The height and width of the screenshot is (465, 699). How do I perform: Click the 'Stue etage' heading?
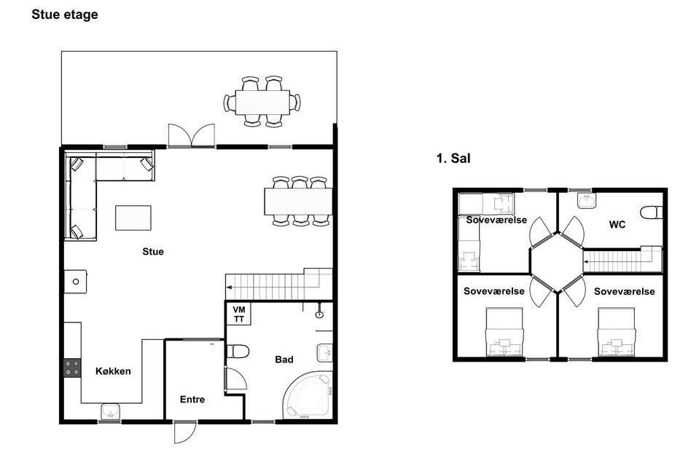click(65, 15)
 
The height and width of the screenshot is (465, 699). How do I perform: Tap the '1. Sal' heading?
click(453, 159)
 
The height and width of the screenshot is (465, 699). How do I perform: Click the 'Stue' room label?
click(153, 251)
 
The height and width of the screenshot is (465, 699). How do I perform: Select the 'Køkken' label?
click(113, 371)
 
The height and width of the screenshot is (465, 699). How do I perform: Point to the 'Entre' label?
click(192, 400)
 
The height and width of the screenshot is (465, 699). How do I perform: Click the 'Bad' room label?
click(284, 359)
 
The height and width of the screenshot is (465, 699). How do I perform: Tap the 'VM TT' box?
click(239, 314)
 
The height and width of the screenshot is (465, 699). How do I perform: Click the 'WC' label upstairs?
click(617, 225)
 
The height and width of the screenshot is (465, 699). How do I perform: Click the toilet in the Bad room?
click(238, 351)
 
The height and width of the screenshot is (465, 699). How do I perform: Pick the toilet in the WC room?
click(652, 212)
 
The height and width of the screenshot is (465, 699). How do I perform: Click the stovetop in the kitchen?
click(72, 368)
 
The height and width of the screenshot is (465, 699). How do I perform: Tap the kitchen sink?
click(110, 412)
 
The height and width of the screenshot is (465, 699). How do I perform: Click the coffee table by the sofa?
click(133, 218)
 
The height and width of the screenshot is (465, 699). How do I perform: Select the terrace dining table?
click(262, 103)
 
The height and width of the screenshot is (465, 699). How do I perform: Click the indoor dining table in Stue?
click(298, 202)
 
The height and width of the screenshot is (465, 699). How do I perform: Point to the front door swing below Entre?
click(185, 432)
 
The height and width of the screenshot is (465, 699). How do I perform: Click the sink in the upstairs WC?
click(587, 201)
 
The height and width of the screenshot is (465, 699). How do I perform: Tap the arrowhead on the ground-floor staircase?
click(229, 287)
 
